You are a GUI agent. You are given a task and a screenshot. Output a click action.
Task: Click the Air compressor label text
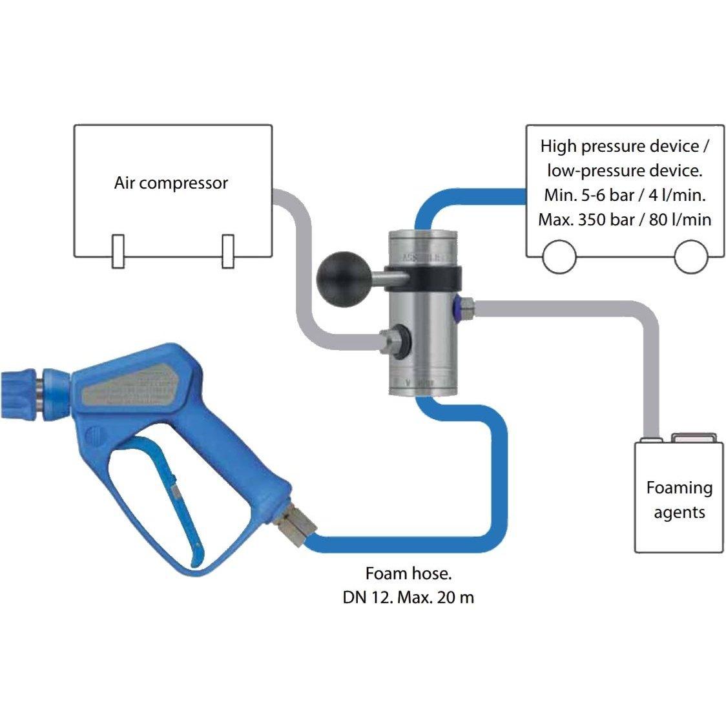(x=171, y=183)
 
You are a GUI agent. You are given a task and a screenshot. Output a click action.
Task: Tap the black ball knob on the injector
(x=337, y=275)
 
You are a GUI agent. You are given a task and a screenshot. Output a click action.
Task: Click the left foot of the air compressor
(x=118, y=251)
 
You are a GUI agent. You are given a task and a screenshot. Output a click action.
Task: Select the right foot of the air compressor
(x=227, y=251)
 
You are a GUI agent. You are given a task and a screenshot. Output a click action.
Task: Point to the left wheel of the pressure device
(x=559, y=258)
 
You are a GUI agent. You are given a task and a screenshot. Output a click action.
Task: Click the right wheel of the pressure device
(x=691, y=258)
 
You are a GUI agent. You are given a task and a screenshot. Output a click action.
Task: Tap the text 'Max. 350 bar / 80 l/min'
(x=625, y=220)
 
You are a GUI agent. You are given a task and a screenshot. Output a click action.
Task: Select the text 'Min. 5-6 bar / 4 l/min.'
(x=625, y=195)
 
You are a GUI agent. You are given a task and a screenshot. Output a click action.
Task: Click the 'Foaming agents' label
(x=679, y=500)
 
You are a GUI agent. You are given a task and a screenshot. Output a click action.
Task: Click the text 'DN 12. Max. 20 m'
(x=408, y=597)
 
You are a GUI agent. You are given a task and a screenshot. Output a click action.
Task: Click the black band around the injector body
(x=423, y=278)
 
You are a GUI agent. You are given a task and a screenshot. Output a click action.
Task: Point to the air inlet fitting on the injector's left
(x=391, y=338)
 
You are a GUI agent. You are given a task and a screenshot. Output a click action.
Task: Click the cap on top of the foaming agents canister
(x=694, y=438)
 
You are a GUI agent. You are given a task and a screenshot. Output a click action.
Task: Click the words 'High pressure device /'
(x=625, y=146)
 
